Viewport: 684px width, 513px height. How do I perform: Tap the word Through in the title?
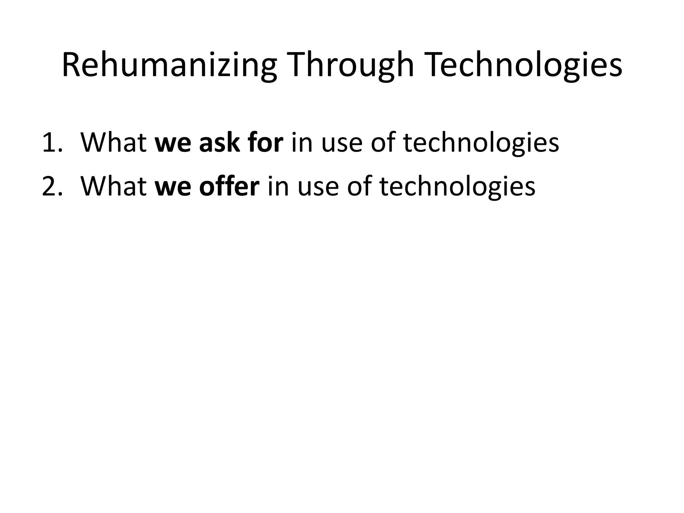coord(352,66)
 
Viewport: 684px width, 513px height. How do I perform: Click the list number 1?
coord(52,143)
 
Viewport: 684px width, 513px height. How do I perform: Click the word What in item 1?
coord(114,143)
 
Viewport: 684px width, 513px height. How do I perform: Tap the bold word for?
coord(266,143)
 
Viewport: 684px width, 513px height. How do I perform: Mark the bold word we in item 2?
coord(173,187)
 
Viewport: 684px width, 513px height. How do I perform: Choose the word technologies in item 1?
coord(481,143)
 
